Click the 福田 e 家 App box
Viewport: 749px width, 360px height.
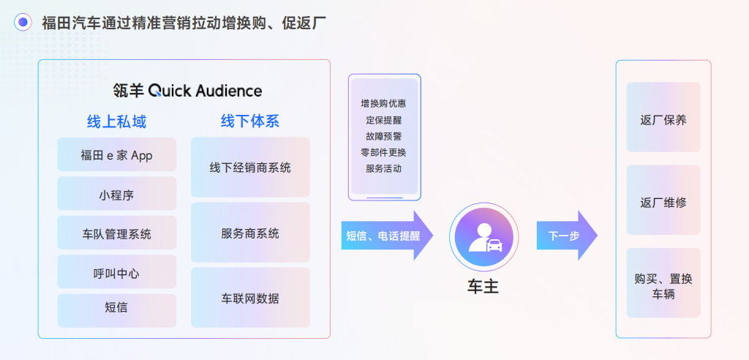(117, 154)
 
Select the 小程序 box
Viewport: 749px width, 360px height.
(117, 194)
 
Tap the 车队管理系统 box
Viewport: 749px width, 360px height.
(117, 233)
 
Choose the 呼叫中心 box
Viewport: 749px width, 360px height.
(117, 272)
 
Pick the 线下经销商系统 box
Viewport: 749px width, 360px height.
(250, 168)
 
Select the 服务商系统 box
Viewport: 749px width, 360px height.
(250, 233)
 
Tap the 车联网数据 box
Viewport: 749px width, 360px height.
(250, 298)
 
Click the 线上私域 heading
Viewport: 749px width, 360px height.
(117, 121)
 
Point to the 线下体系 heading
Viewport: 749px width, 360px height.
(250, 120)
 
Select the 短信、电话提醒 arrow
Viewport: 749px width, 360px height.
(386, 236)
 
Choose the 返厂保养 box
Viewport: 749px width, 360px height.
(663, 120)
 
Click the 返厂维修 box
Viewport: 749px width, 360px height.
(663, 202)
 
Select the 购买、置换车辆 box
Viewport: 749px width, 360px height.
(663, 285)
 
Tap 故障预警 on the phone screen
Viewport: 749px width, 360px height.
(384, 136)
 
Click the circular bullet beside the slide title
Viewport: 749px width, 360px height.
(23, 23)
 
